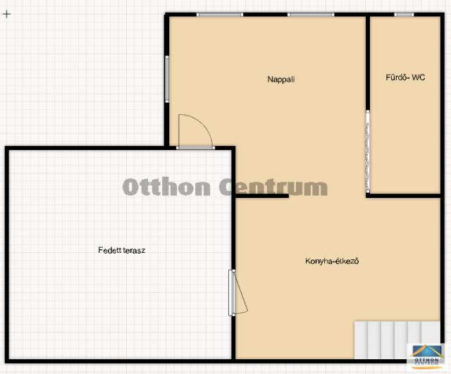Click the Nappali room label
pos(281,80)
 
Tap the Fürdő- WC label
pos(405,77)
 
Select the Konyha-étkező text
pos(332,261)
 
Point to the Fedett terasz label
pos(122,250)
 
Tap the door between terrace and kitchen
pos(237,292)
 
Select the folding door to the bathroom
pos(368,151)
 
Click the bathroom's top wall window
pos(404,14)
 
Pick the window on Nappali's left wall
pos(167,79)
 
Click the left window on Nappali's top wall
pos(220,14)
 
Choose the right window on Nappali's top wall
pos(311,14)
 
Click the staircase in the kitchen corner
pos(397,339)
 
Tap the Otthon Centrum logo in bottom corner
pos(425,356)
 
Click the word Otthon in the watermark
pos(166,187)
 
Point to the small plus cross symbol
pos(6,14)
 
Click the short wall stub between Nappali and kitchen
pos(262,196)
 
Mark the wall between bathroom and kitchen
pos(403,196)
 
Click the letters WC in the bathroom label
pos(419,77)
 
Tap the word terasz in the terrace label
pos(134,250)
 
